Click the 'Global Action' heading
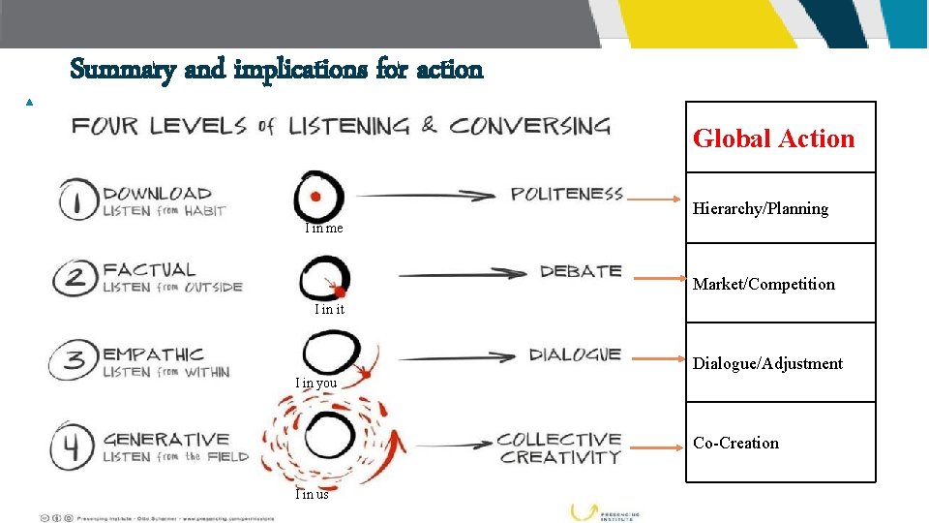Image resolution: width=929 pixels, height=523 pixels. coord(774,138)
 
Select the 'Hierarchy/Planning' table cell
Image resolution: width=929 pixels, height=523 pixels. coord(761,208)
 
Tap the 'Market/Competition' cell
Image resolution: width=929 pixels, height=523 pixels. coord(764,284)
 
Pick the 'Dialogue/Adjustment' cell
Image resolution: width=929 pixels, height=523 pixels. coord(767,363)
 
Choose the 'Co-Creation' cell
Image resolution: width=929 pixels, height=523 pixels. coord(735,443)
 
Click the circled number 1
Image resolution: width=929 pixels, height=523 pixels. coord(75,200)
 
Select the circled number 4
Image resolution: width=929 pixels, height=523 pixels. coord(74,446)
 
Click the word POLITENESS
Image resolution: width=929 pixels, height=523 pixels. coord(567,195)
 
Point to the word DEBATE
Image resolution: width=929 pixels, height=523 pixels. coord(581,272)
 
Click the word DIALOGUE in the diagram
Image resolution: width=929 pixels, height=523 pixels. coord(575,354)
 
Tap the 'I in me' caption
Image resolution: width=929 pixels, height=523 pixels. coord(323,229)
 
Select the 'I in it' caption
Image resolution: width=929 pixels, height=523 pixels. coord(329,309)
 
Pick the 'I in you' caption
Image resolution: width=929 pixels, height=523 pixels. coord(316,383)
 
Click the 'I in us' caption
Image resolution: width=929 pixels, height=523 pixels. coord(312,494)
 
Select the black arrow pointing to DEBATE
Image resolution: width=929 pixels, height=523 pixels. coord(464,274)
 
